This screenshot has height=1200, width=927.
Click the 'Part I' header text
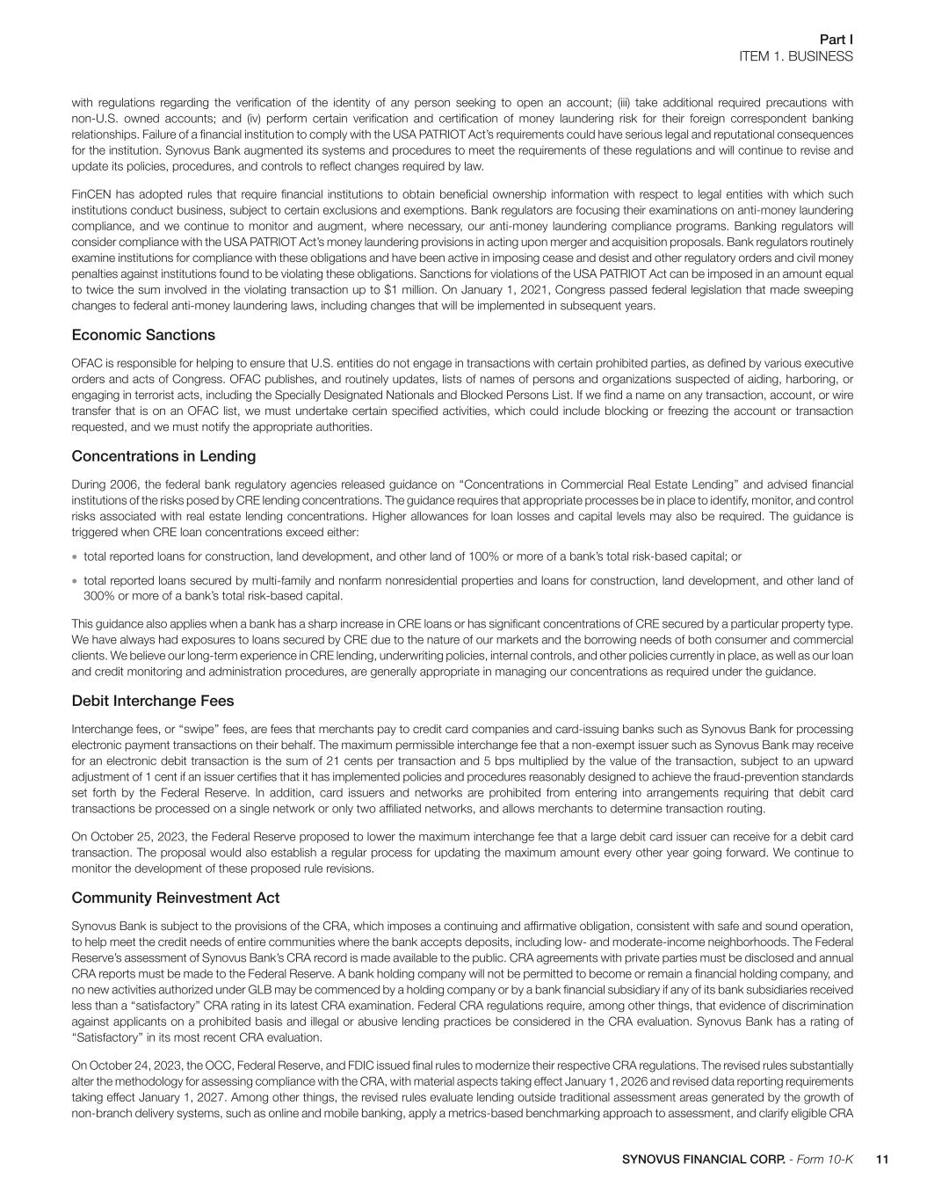pyautogui.click(x=836, y=40)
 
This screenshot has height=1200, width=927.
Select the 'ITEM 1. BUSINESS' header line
pyautogui.click(x=795, y=56)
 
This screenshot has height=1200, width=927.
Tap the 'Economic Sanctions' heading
pyautogui.click(x=143, y=335)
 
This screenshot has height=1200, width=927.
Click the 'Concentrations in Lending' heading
pyautogui.click(x=163, y=455)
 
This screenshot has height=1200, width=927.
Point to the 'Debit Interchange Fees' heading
pyautogui.click(x=152, y=701)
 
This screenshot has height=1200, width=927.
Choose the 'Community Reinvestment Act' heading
pyautogui.click(x=175, y=898)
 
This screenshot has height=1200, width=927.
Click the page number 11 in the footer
pyautogui.click(x=883, y=1160)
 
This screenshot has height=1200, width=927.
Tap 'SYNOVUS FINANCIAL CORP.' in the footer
pyautogui.click(x=704, y=1160)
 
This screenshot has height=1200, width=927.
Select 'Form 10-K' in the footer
pyautogui.click(x=825, y=1160)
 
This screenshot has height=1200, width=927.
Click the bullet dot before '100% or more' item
pyautogui.click(x=76, y=556)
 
